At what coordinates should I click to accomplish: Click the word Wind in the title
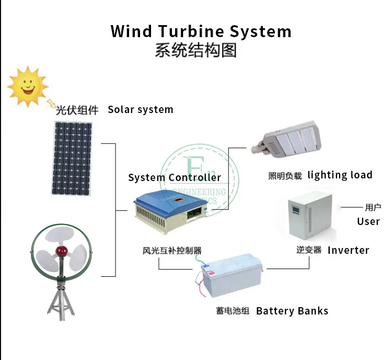pyautogui.click(x=131, y=31)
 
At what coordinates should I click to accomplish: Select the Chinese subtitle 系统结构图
pyautogui.click(x=196, y=51)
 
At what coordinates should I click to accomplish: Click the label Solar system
pyautogui.click(x=140, y=109)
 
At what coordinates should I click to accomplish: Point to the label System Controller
pyautogui.click(x=175, y=177)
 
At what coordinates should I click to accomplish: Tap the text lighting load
pyautogui.click(x=340, y=175)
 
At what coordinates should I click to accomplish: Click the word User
pyautogui.click(x=368, y=221)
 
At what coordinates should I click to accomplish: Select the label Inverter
pyautogui.click(x=348, y=250)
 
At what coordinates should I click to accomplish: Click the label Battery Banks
pyautogui.click(x=292, y=311)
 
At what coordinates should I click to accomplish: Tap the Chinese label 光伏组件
pyautogui.click(x=77, y=110)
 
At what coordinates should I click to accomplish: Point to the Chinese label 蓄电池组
pyautogui.click(x=229, y=311)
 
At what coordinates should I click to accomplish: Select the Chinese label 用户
pyautogui.click(x=373, y=207)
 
